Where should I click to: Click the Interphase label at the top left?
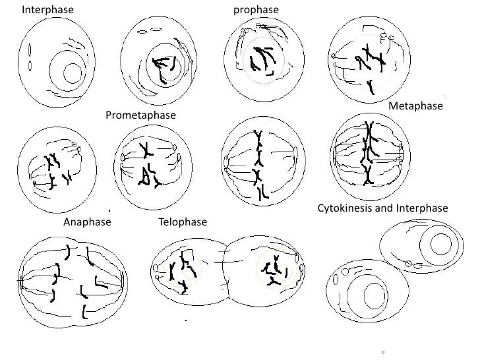click(47, 10)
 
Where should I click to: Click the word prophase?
click(256, 10)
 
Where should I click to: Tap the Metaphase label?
click(415, 105)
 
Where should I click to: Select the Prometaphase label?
click(140, 115)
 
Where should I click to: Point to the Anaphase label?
click(87, 222)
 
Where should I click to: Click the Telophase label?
click(183, 222)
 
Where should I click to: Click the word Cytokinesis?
click(345, 208)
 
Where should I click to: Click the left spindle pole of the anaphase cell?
click(22, 284)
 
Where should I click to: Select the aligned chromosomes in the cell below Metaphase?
click(367, 154)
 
